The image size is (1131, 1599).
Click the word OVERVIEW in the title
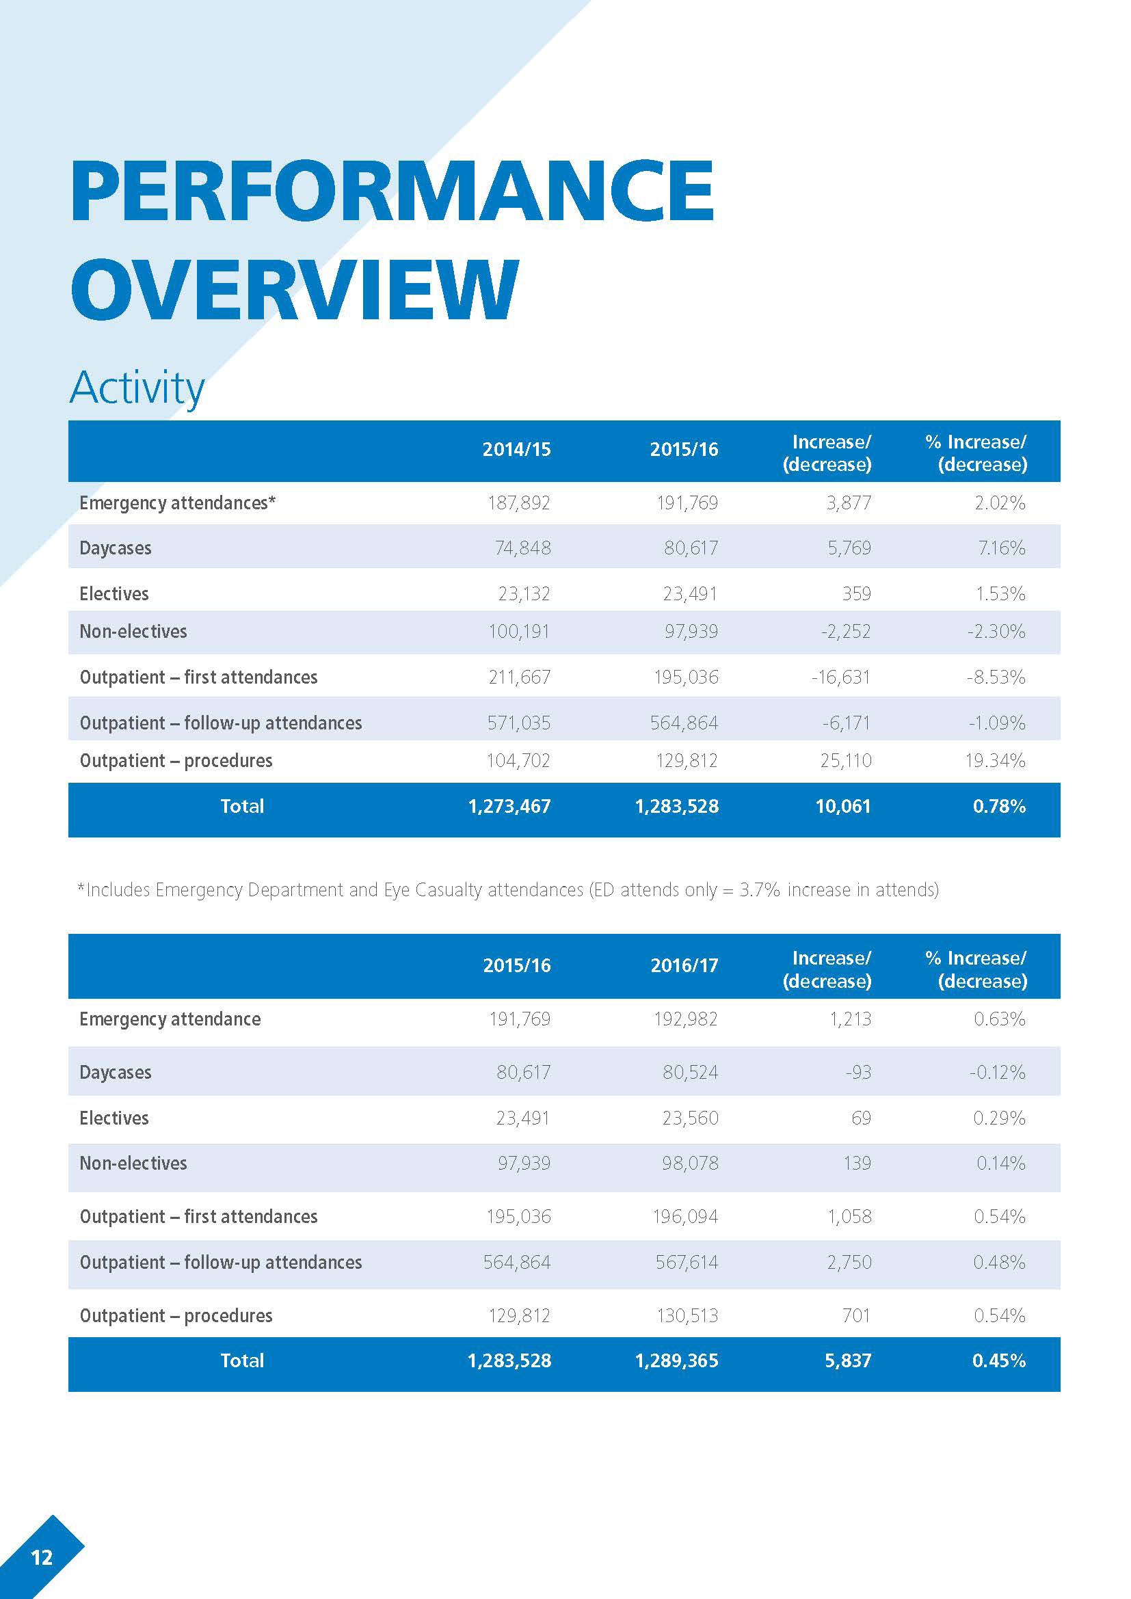(x=295, y=288)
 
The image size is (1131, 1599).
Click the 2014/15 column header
(x=516, y=450)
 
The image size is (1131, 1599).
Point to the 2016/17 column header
(x=684, y=965)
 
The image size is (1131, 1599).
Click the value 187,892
(x=519, y=503)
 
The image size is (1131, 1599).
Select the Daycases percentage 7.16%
(x=1002, y=548)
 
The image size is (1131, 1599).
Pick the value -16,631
(x=840, y=677)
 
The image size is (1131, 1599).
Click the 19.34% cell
(x=995, y=760)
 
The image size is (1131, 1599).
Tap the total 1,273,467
(x=509, y=807)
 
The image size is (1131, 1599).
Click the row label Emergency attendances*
(x=178, y=503)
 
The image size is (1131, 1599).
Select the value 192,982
(x=685, y=1019)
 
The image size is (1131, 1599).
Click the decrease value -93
(x=858, y=1072)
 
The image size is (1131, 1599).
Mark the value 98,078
(x=689, y=1163)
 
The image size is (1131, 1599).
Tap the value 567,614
(x=686, y=1262)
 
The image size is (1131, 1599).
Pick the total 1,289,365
(x=676, y=1360)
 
